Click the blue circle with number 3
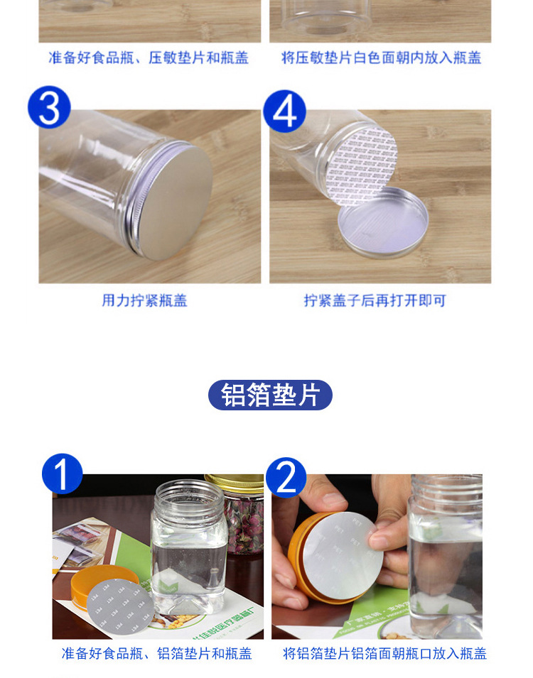click(48, 107)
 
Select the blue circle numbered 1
click(62, 474)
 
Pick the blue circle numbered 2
click(286, 477)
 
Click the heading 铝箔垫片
click(270, 395)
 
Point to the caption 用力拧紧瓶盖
click(144, 300)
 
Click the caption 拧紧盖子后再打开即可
click(375, 300)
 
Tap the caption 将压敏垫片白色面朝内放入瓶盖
click(381, 58)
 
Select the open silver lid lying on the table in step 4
click(384, 223)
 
